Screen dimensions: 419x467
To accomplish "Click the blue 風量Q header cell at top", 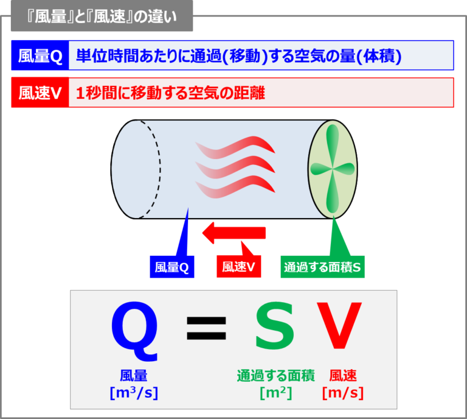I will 41,56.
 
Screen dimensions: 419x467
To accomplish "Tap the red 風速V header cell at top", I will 41,93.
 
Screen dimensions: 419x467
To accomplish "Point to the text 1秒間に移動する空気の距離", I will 171,93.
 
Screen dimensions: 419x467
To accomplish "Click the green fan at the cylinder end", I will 331,168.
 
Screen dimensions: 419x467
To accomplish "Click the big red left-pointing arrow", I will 234,233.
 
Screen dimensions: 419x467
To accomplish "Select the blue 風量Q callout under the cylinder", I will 171,267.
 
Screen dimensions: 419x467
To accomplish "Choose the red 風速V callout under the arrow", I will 238,267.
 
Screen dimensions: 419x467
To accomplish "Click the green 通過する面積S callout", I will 322,267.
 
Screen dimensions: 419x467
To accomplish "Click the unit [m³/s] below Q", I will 134,393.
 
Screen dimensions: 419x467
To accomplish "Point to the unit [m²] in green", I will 275,393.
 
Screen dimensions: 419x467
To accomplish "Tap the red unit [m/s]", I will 343,393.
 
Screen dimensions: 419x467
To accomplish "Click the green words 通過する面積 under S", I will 275,376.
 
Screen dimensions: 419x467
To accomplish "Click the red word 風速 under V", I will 343,376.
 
